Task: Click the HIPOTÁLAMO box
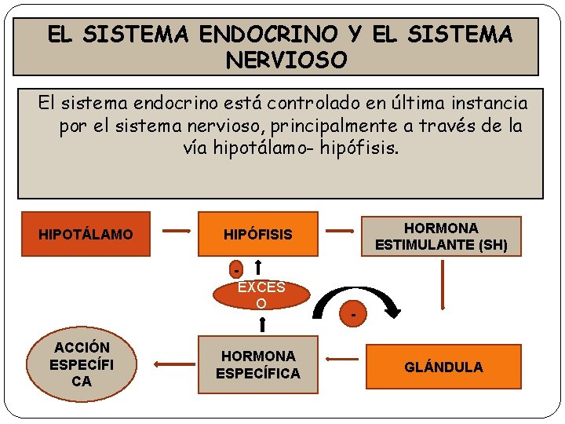click(86, 234)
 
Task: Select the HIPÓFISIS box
click(257, 234)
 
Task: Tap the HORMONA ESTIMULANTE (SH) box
click(441, 236)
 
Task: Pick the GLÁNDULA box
click(443, 367)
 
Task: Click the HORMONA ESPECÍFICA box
click(257, 365)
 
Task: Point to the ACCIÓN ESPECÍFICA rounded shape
click(82, 364)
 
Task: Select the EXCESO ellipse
click(261, 295)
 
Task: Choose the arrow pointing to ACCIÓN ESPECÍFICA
click(169, 364)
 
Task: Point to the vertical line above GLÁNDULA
click(443, 291)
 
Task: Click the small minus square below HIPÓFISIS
click(236, 269)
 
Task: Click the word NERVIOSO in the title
click(286, 60)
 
